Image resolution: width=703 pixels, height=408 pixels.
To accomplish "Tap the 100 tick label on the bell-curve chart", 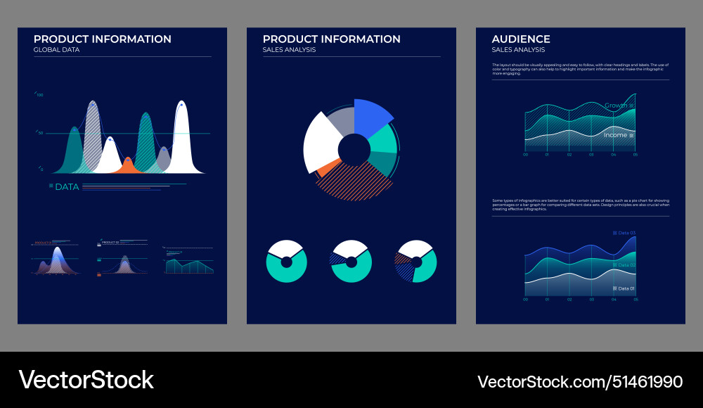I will [40, 94].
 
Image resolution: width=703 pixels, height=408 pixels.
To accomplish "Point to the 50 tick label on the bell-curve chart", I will [40, 132].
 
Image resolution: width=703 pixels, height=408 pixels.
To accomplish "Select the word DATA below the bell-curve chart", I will [67, 187].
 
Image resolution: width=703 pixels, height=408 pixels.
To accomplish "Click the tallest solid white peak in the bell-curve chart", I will [181, 141].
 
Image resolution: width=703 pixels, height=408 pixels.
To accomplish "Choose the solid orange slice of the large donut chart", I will [327, 168].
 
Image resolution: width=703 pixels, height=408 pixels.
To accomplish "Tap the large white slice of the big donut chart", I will [320, 140].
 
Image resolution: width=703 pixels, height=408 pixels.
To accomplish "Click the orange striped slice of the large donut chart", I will [355, 181].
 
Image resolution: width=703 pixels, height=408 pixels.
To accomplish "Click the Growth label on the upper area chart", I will [616, 106].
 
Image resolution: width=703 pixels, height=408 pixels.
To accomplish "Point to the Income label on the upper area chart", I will [615, 134].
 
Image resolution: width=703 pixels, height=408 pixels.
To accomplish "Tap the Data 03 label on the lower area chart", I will [626, 233].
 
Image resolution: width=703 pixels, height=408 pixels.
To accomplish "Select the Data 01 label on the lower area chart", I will [626, 288].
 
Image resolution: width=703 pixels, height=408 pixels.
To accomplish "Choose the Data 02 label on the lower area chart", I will [626, 264].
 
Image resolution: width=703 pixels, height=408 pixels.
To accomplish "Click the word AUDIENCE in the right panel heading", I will [521, 39].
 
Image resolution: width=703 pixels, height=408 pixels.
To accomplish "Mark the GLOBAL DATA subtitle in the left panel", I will [56, 50].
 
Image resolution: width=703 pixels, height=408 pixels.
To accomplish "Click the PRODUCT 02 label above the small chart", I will [110, 242].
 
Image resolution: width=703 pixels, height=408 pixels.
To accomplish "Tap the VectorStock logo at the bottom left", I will [86, 380].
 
